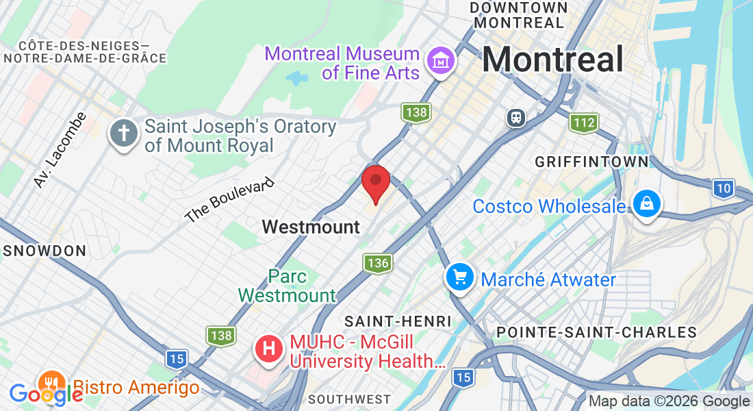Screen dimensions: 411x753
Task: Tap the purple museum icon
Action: tap(441, 62)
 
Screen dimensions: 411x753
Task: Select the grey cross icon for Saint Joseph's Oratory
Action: tap(124, 134)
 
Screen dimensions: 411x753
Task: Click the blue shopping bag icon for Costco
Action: tap(646, 204)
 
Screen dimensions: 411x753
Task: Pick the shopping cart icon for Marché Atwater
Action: tap(460, 277)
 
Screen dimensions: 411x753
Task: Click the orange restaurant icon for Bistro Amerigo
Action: tap(51, 384)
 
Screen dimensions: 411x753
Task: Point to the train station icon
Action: tap(516, 118)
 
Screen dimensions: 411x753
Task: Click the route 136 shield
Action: tap(377, 262)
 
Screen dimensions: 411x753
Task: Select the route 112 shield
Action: tap(584, 123)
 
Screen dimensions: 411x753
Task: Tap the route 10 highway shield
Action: tap(723, 188)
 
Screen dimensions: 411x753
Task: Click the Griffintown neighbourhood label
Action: tap(591, 162)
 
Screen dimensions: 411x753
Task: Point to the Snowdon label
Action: tap(44, 251)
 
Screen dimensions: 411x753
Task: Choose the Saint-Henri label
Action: tap(398, 321)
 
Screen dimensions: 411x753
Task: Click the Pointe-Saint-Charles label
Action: tap(596, 332)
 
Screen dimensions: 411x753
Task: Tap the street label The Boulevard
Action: tap(229, 200)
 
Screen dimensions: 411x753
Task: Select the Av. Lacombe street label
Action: tap(60, 149)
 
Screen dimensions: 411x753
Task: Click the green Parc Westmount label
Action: tap(288, 286)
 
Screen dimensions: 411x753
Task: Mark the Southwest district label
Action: tap(349, 399)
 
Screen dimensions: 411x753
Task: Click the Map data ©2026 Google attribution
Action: tap(669, 401)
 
